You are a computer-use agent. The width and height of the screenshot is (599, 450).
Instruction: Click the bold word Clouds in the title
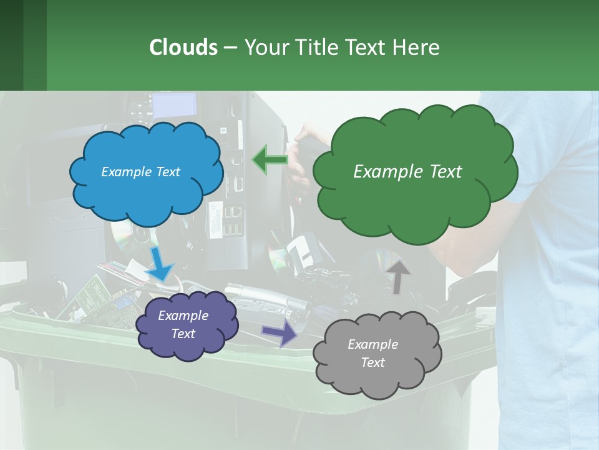(x=183, y=47)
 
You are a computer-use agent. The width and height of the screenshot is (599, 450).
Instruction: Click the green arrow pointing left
(x=270, y=159)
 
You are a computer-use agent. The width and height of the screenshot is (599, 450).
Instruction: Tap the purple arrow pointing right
(x=280, y=334)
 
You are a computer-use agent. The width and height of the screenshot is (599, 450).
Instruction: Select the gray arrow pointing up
(x=398, y=276)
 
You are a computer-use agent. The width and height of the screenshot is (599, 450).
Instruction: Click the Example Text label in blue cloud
(x=140, y=172)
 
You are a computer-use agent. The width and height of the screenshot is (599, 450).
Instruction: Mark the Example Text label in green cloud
(x=407, y=172)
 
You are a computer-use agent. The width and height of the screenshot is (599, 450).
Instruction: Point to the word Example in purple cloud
(x=183, y=316)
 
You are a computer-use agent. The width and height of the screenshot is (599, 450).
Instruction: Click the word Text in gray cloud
(x=373, y=362)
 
